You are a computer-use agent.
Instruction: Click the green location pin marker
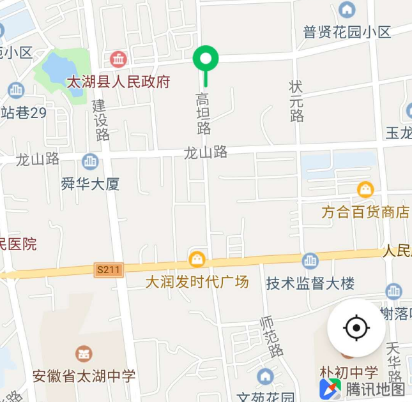coord(206,60)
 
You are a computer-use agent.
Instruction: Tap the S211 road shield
coord(108,270)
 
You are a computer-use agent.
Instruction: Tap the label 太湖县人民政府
coord(119,82)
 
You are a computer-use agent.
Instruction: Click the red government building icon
coord(118,60)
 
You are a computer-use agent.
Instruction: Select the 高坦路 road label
coord(203,114)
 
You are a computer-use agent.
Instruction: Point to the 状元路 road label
coord(296,101)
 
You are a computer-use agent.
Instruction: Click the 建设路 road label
coord(101,120)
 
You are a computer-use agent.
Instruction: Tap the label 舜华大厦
coord(90,184)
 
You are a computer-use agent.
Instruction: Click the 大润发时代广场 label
coord(197,281)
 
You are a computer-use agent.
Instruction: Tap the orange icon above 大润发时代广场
coord(197,259)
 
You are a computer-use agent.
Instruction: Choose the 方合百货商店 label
coord(365,212)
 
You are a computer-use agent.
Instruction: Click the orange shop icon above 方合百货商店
coord(365,190)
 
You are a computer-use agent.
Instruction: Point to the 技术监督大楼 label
coord(310,283)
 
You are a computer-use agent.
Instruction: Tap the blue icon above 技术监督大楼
coord(310,261)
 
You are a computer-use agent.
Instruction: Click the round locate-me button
coord(356,328)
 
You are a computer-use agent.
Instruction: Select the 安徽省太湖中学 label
coord(84,376)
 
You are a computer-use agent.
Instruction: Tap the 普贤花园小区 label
coord(347,32)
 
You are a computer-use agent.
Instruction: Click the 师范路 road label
coord(271,337)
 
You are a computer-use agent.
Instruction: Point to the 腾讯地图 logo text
coord(376,389)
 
